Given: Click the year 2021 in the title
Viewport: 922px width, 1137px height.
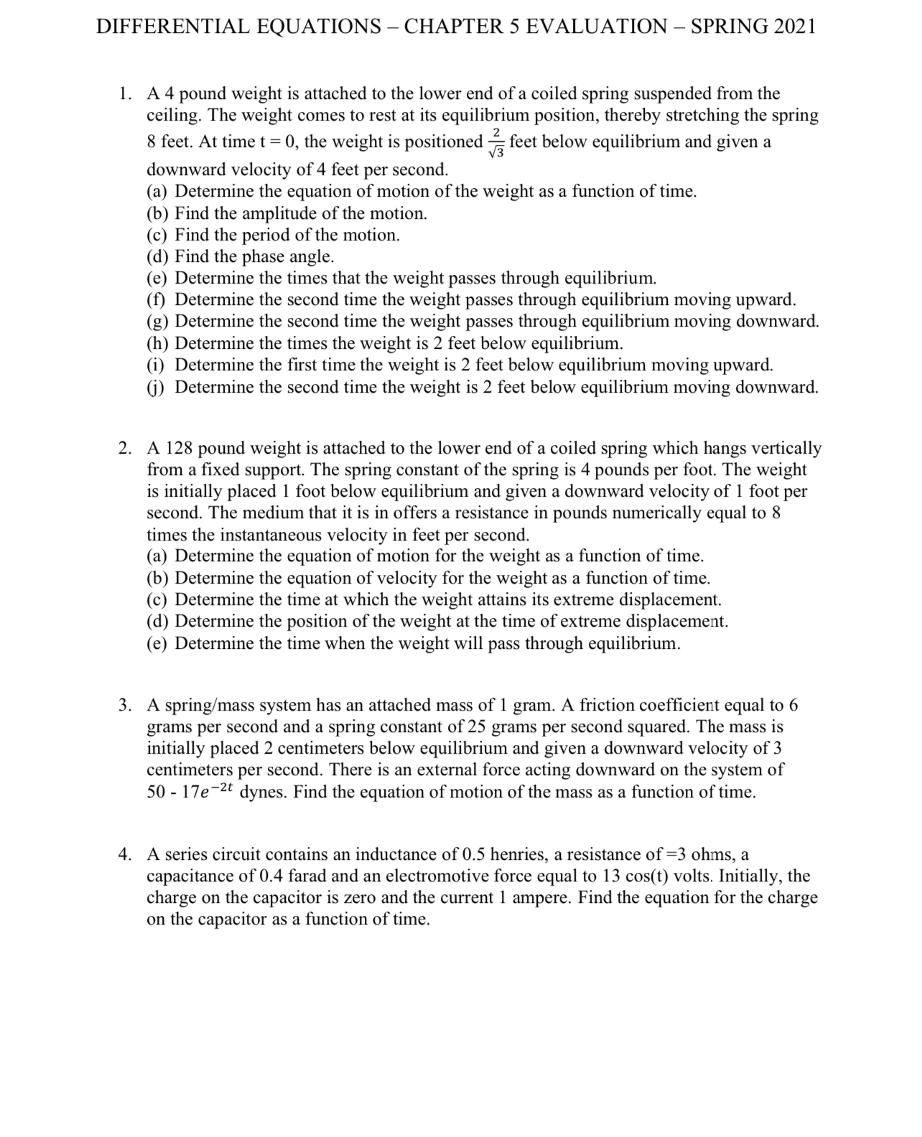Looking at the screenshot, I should [x=795, y=27].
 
